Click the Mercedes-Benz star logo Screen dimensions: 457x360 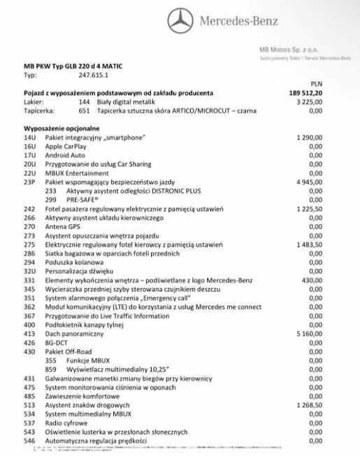(x=180, y=20)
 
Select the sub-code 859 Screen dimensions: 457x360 (x=50, y=369)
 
